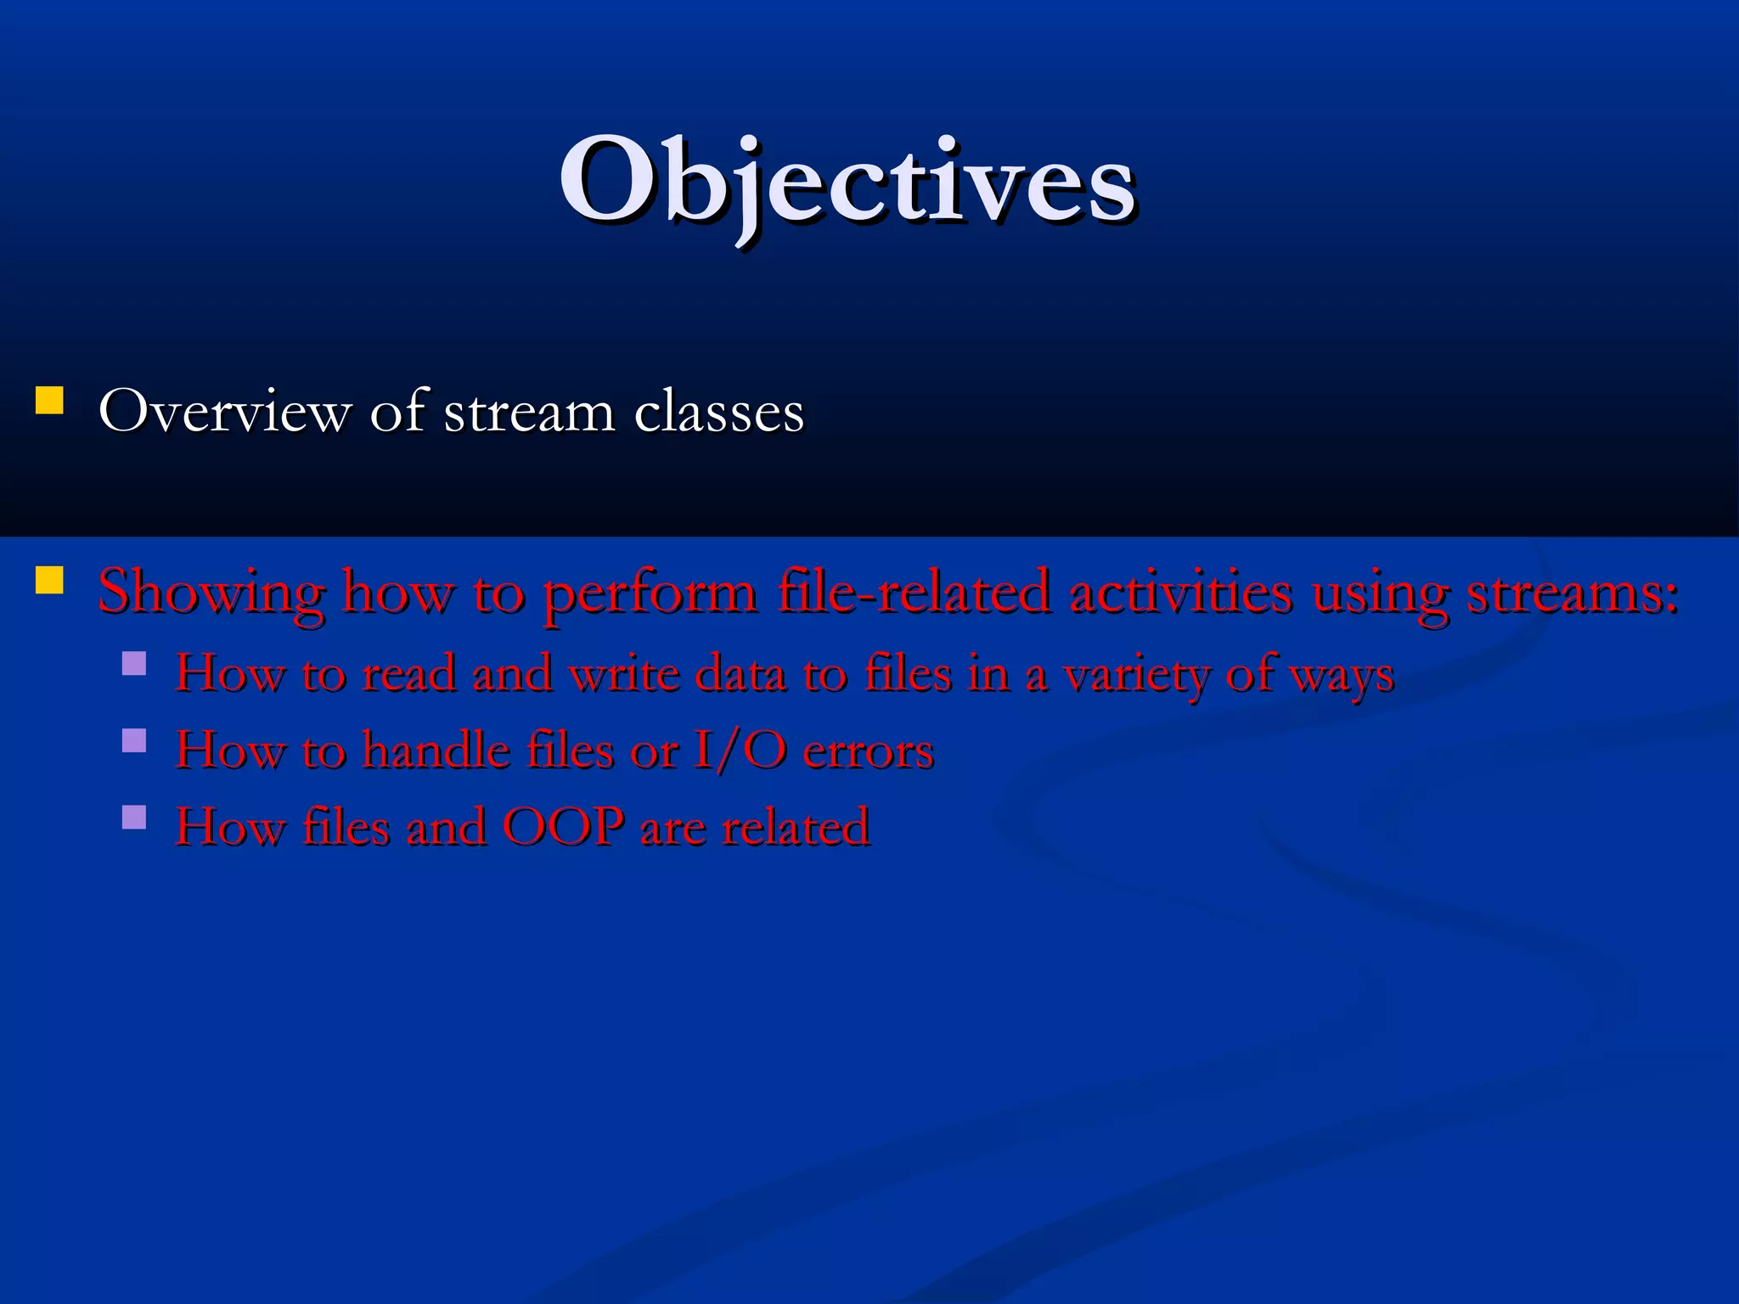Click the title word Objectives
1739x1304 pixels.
click(x=847, y=183)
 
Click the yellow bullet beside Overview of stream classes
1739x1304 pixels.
click(x=50, y=401)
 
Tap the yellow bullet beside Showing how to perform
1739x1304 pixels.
click(x=50, y=580)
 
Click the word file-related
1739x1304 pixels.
click(x=914, y=593)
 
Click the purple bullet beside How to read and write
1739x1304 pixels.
click(x=134, y=663)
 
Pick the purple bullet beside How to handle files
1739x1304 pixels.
click(x=134, y=740)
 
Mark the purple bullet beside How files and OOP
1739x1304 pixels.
click(x=134, y=817)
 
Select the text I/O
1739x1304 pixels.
click(x=739, y=751)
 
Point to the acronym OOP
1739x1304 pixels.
click(x=563, y=827)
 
